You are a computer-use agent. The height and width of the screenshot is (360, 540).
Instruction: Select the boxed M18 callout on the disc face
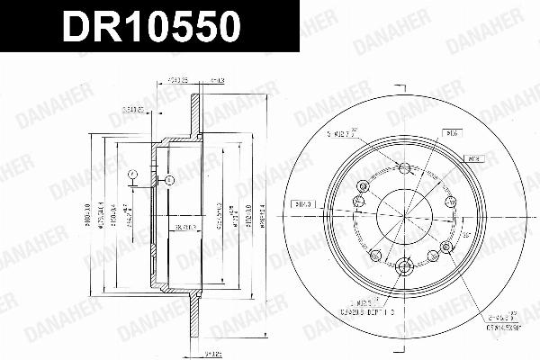pos(476,157)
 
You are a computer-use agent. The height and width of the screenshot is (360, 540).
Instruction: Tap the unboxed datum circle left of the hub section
pos(131,175)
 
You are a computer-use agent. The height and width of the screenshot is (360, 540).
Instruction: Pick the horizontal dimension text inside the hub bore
pos(184,228)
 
